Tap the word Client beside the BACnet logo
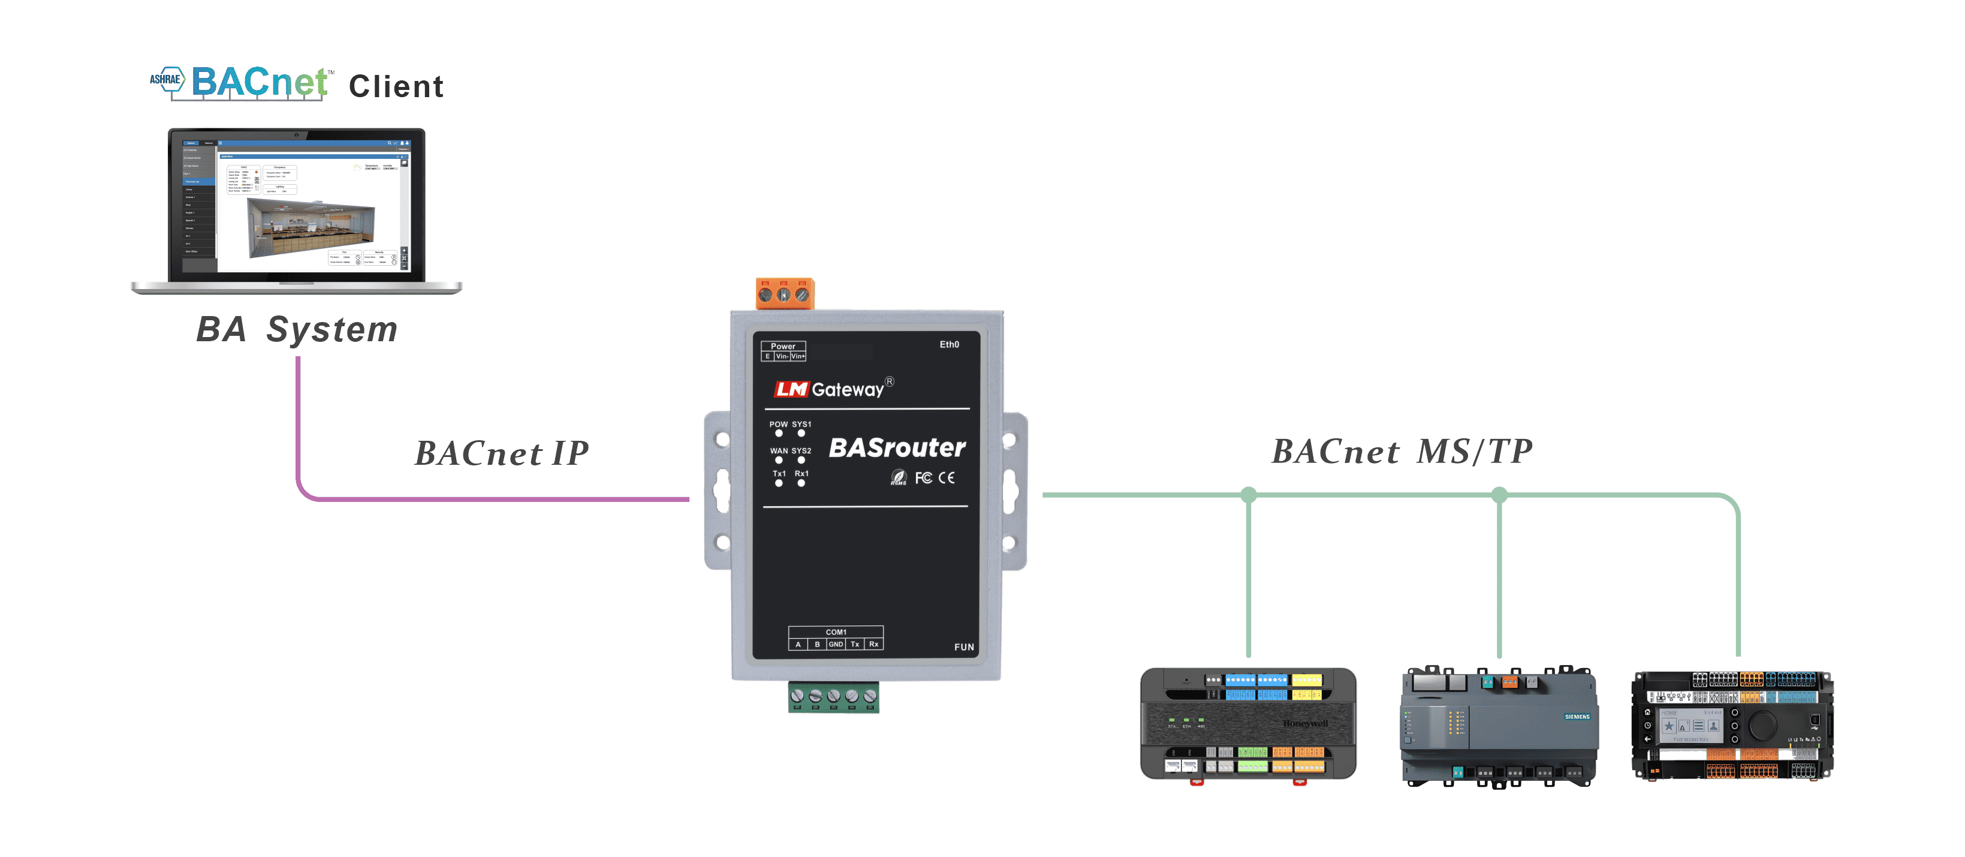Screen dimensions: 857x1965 (x=396, y=86)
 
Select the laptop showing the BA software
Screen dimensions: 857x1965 (x=296, y=210)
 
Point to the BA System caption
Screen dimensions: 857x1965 (x=297, y=330)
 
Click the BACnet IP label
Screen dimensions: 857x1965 (x=501, y=453)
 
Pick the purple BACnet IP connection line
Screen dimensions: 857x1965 (x=496, y=499)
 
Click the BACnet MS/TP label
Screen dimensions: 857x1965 (x=1402, y=452)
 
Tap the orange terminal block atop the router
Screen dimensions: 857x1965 (x=784, y=294)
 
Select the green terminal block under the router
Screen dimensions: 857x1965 (x=833, y=697)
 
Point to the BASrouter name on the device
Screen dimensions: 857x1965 (x=897, y=448)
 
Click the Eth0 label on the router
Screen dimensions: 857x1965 (x=949, y=345)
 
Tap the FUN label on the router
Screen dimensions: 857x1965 (x=963, y=647)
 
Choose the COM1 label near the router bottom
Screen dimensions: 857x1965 (x=835, y=632)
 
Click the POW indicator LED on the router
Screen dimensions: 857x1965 (x=779, y=434)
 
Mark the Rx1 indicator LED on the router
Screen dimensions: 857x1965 (x=801, y=483)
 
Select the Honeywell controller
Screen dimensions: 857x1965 (x=1248, y=723)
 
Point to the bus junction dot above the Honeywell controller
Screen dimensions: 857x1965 (x=1249, y=495)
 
